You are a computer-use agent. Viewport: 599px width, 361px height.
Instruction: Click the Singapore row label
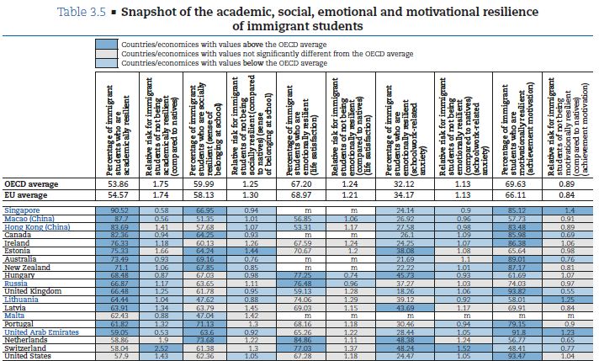22,210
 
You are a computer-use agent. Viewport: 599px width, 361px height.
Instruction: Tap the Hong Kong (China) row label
34,227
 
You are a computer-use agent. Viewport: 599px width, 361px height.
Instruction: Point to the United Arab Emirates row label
38,332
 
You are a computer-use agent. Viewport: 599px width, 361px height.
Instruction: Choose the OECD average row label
30,183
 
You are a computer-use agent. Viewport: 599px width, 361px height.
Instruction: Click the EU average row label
26,194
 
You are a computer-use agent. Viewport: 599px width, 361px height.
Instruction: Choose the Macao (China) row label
30,218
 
